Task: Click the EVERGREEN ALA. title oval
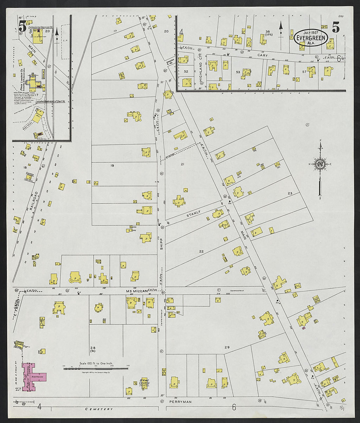pos(311,38)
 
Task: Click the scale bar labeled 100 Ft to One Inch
pos(96,368)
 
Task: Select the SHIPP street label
pos(161,244)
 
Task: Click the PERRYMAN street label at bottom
pos(180,401)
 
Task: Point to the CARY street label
pos(262,56)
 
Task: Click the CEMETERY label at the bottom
pos(99,409)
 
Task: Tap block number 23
pos(290,194)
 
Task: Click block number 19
pos(112,166)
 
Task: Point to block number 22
pos(201,251)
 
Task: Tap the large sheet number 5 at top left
pos(22,26)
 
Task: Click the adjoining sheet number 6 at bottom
pos(234,407)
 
